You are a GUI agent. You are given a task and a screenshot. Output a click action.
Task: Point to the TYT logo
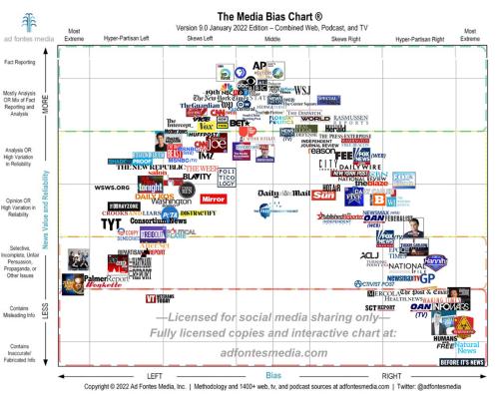111,223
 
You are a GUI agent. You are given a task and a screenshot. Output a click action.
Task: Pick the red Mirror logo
214,200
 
